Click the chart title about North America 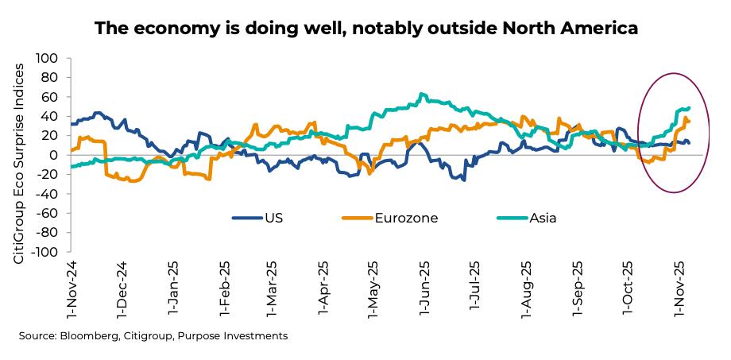[x=366, y=29]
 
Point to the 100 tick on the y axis [x=48, y=59]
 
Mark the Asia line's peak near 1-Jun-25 [x=422, y=95]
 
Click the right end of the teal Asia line [x=688, y=108]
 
